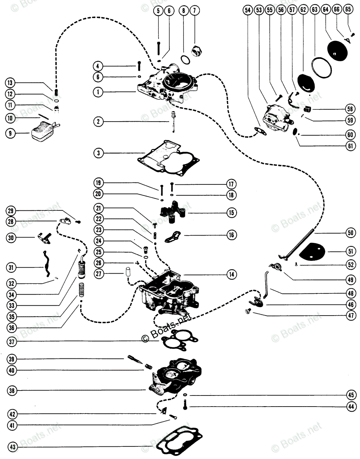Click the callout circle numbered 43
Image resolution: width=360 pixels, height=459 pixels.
point(12,446)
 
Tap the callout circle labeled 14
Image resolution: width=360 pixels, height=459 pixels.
point(231,274)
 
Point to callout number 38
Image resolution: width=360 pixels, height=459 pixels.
point(12,391)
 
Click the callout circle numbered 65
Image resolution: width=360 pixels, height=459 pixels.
point(347,11)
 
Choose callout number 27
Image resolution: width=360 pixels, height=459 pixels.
point(99,274)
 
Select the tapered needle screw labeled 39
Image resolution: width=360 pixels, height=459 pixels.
point(134,360)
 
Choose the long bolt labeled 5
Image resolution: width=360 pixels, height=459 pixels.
point(159,47)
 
